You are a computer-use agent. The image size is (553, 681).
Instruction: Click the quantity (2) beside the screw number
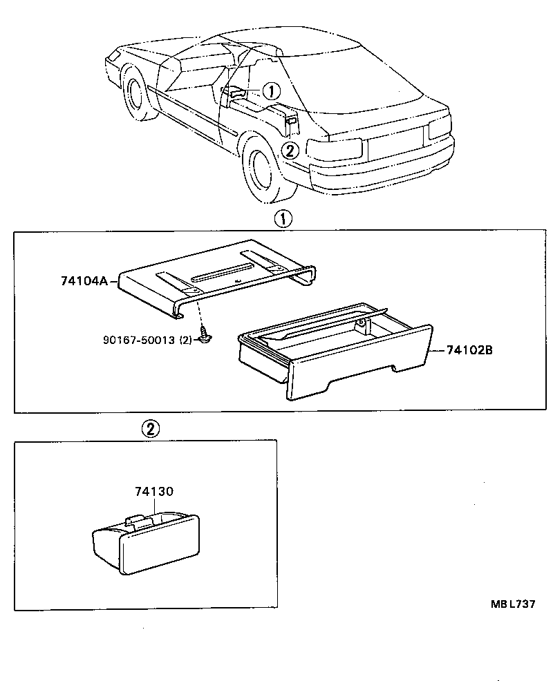[185, 340]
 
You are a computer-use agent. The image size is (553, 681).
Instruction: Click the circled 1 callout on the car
[271, 90]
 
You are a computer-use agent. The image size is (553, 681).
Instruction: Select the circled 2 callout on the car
[290, 149]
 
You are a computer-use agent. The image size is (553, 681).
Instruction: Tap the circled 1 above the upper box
[283, 219]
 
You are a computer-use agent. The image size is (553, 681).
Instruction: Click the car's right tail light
[440, 127]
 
